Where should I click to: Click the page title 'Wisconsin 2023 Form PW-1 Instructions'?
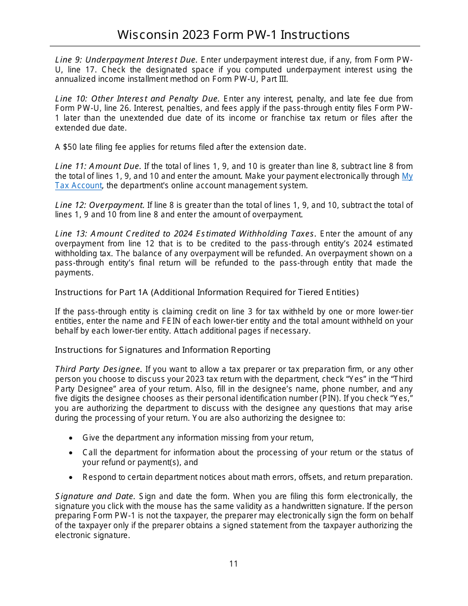[x=234, y=34]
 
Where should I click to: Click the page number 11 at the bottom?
[x=234, y=564]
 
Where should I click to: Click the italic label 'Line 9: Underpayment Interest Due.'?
[x=126, y=60]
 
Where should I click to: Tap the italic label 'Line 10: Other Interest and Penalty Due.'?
[x=137, y=99]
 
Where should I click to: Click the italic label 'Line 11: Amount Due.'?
[x=98, y=166]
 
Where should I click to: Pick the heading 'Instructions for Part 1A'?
[x=101, y=292]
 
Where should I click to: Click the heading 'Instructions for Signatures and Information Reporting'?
[x=163, y=350]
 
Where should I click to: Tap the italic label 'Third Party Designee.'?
[x=99, y=369]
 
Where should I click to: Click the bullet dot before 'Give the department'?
[x=71, y=438]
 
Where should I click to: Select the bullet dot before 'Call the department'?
[x=71, y=453]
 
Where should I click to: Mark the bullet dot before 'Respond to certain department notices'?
[x=71, y=477]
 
